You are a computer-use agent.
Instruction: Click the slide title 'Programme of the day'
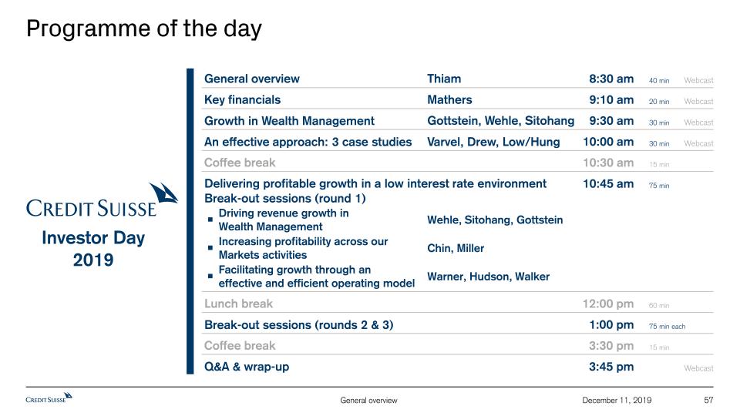(144, 29)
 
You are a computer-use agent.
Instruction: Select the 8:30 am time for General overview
(611, 79)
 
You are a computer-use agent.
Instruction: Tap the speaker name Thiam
(444, 79)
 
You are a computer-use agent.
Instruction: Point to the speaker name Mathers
(449, 99)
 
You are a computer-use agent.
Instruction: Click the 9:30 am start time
(611, 121)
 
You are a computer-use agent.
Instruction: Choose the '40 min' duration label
(659, 81)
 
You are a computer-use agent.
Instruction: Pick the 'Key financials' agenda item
(243, 100)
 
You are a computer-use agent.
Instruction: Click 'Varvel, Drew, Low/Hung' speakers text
(493, 142)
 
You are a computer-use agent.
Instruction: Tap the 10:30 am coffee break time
(608, 163)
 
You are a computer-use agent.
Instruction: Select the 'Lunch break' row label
(238, 304)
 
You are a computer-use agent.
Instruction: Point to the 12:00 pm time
(608, 304)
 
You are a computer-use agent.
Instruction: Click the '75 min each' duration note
(667, 327)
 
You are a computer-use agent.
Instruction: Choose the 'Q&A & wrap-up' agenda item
(247, 367)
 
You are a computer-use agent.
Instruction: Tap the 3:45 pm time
(611, 367)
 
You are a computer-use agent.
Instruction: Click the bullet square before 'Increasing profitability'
(210, 247)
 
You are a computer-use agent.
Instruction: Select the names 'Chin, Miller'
(456, 248)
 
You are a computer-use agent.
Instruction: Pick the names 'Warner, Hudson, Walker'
(489, 277)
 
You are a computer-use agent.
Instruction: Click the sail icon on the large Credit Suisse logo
(163, 193)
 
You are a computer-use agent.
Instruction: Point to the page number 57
(708, 400)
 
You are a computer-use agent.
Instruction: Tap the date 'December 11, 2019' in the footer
(617, 400)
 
